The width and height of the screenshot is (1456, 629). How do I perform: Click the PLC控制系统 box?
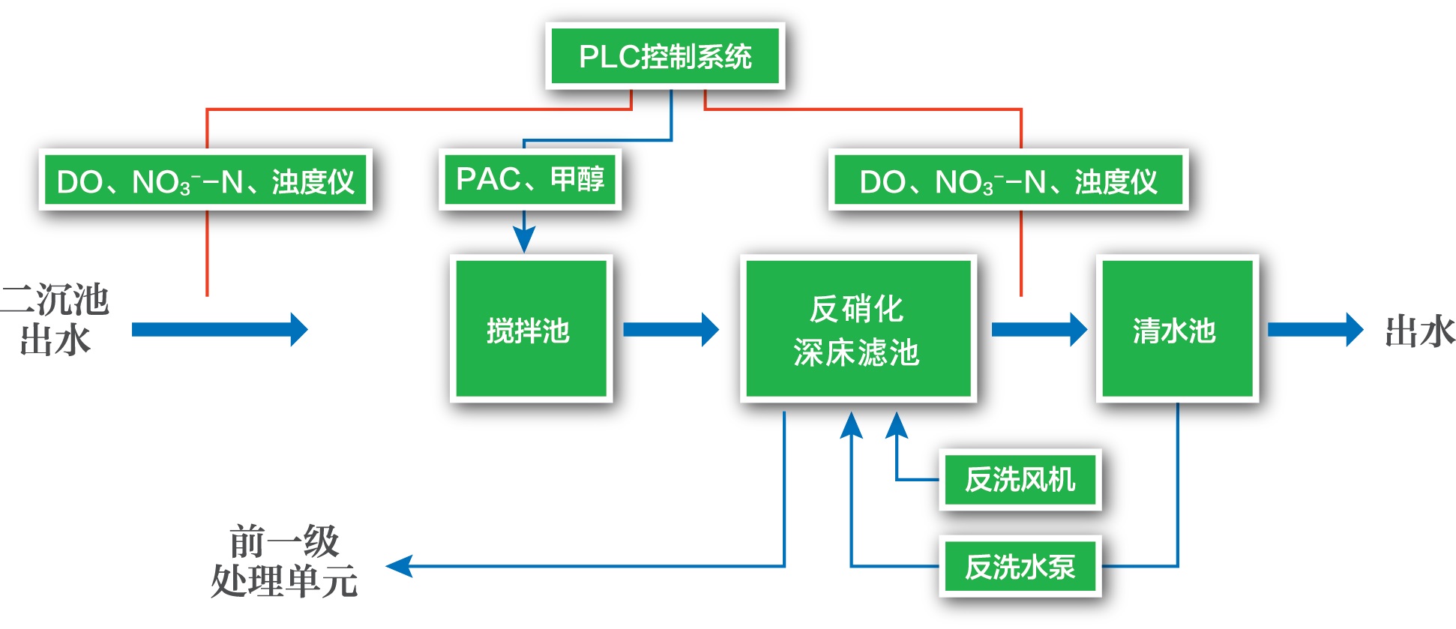(x=665, y=56)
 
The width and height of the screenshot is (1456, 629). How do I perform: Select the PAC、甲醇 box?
(x=529, y=179)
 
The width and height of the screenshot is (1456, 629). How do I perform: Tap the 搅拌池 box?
(x=531, y=329)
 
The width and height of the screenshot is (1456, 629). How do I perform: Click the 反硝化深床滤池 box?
(x=858, y=329)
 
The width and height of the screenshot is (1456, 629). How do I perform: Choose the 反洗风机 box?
(x=1020, y=480)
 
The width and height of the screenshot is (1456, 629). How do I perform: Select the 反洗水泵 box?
(x=1020, y=567)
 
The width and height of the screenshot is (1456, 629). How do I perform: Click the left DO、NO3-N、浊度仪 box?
(x=205, y=181)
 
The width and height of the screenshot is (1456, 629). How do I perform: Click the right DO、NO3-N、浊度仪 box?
(x=1008, y=181)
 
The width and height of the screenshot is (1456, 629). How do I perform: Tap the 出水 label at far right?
(x=1419, y=331)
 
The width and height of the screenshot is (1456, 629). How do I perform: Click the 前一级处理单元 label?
(x=285, y=562)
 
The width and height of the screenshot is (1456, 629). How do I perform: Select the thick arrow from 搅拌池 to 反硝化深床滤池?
(x=670, y=330)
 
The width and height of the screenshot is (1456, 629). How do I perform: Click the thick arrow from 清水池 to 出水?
(x=1314, y=330)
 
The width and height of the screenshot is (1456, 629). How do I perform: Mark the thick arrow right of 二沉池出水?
(x=219, y=330)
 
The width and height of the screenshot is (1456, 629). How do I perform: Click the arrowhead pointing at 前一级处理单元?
(x=400, y=566)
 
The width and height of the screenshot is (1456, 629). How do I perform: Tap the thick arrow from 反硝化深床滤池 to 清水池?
(x=1038, y=330)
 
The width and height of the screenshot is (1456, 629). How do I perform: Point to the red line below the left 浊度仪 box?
(x=207, y=253)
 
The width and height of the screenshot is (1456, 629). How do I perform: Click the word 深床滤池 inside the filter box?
(x=856, y=352)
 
